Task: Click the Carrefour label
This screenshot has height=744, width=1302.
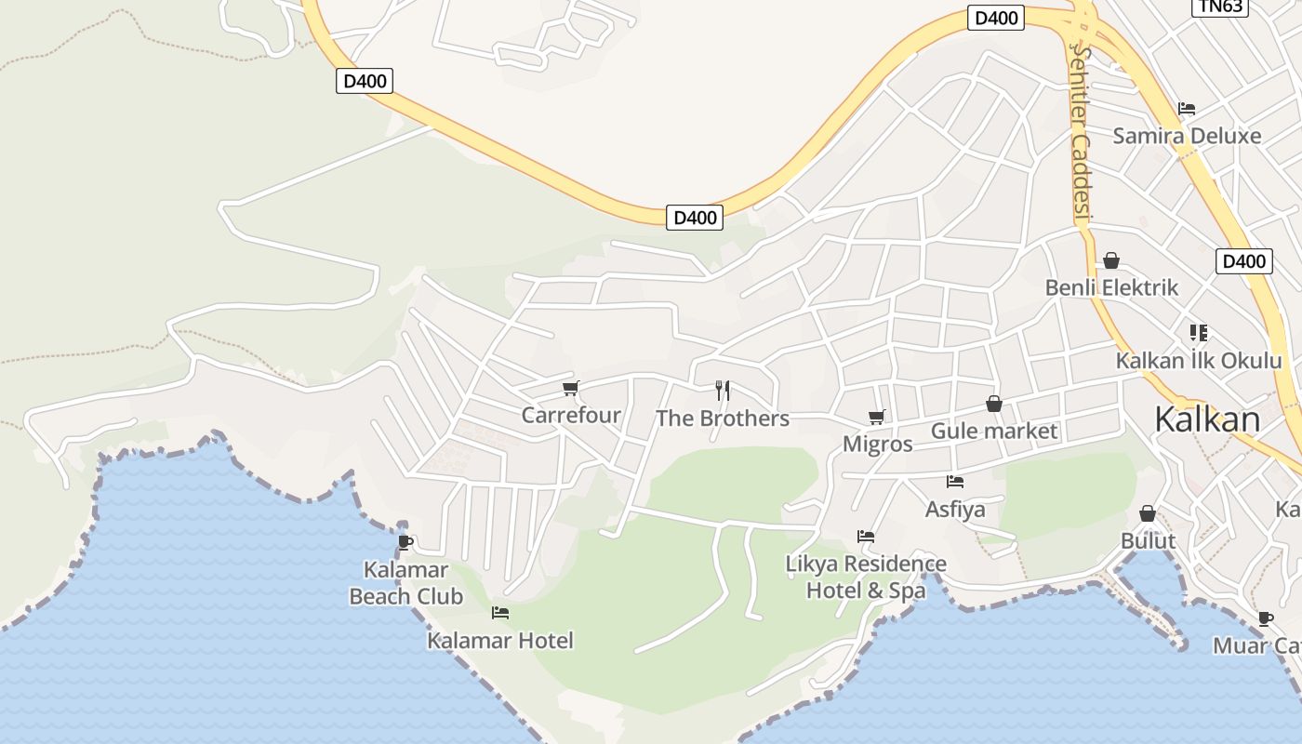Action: point(571,415)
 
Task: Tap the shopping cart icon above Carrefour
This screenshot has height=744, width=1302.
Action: point(570,388)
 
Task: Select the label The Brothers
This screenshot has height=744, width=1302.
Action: point(723,418)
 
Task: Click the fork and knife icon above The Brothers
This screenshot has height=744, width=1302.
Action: point(723,391)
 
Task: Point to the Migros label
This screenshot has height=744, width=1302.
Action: point(877,445)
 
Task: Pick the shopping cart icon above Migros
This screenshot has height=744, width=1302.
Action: point(876,417)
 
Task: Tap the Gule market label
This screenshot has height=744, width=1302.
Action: point(994,432)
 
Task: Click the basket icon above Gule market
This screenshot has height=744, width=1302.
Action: point(994,404)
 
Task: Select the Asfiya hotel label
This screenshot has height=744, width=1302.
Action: point(954,510)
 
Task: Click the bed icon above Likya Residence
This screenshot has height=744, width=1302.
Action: point(866,537)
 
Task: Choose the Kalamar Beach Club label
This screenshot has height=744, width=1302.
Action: point(405,583)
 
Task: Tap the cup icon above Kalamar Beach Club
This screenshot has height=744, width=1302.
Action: point(405,542)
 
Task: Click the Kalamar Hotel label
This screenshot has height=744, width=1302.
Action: point(500,640)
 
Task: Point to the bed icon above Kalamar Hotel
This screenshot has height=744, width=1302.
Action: point(500,613)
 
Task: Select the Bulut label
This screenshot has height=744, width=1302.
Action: point(1148,541)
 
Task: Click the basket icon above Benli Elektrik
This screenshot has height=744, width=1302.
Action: point(1110,260)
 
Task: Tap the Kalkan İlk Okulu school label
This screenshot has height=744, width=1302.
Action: point(1199,361)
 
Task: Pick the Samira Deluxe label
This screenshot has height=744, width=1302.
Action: point(1187,136)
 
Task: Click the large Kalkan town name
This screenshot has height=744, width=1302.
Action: point(1207,419)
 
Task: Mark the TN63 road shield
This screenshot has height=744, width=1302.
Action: point(1219,7)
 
